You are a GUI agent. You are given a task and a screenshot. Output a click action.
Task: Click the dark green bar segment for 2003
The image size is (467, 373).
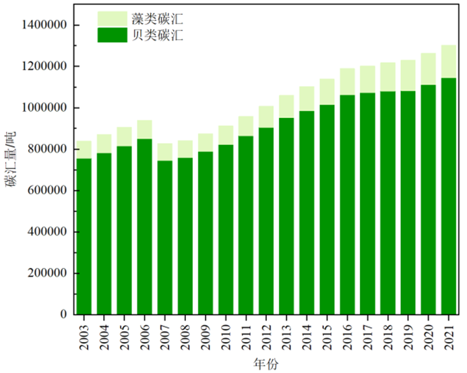84,236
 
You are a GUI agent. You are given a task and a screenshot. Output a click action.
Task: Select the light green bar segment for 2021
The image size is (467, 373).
448,61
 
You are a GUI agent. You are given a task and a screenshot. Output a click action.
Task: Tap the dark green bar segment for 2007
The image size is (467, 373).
165,237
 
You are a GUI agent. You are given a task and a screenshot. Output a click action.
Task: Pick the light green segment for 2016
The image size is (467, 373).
347,82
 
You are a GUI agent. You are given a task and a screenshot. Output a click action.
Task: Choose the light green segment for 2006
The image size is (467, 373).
145,130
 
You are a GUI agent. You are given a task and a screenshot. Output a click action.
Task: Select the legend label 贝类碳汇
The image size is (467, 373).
160,35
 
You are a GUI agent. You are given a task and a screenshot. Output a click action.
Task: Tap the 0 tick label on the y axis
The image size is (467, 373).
64,314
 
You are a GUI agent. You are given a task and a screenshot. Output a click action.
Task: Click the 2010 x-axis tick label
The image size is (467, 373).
226,332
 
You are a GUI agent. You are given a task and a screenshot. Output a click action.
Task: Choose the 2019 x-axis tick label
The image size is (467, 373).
408,332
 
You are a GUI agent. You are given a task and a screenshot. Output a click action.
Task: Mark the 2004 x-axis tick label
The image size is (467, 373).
104,332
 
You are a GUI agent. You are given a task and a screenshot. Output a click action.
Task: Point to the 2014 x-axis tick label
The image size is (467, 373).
307,332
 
